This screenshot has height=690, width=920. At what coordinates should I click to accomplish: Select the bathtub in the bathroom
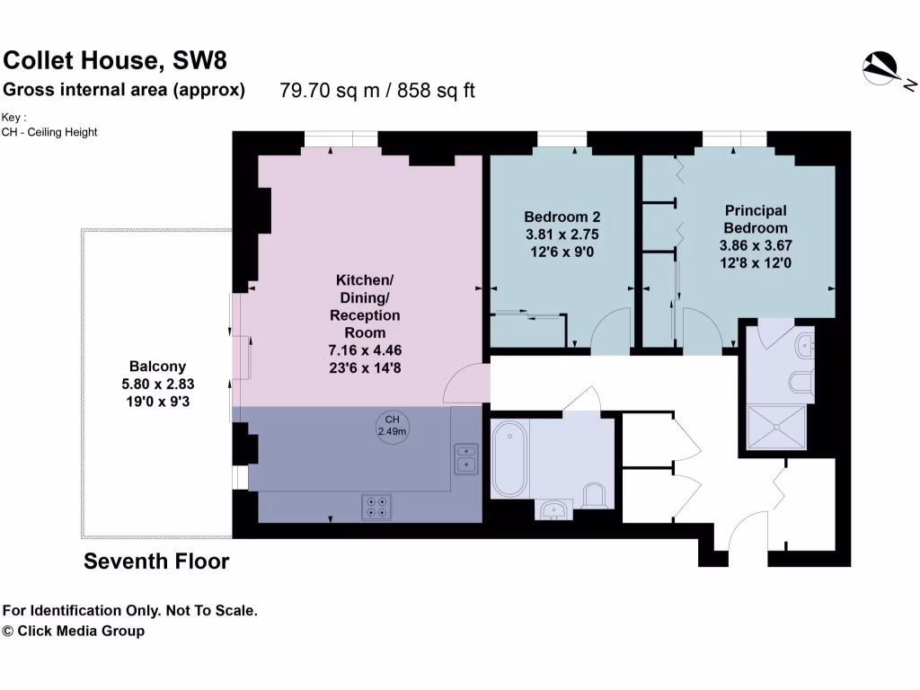pyautogui.click(x=509, y=459)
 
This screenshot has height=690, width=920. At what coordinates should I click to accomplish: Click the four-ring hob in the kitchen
pyautogui.click(x=377, y=508)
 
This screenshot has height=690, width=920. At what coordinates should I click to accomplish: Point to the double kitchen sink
pyautogui.click(x=466, y=456)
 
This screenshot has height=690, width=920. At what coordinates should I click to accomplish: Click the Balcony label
pyautogui.click(x=157, y=366)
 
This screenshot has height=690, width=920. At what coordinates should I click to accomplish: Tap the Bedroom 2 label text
pyautogui.click(x=562, y=217)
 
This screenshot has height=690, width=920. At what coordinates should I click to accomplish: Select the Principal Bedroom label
pyautogui.click(x=756, y=218)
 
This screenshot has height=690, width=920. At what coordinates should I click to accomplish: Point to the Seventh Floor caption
pyautogui.click(x=156, y=562)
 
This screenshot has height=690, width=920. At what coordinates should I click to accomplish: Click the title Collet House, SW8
pyautogui.click(x=115, y=60)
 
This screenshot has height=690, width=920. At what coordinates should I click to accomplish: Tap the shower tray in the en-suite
pyautogui.click(x=777, y=430)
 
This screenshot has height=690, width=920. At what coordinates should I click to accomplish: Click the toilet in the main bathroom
pyautogui.click(x=594, y=494)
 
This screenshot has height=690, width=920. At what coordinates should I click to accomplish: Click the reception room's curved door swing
pyautogui.click(x=465, y=384)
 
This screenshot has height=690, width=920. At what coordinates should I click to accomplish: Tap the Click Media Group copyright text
pyautogui.click(x=74, y=631)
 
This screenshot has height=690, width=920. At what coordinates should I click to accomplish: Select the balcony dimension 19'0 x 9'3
pyautogui.click(x=157, y=402)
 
